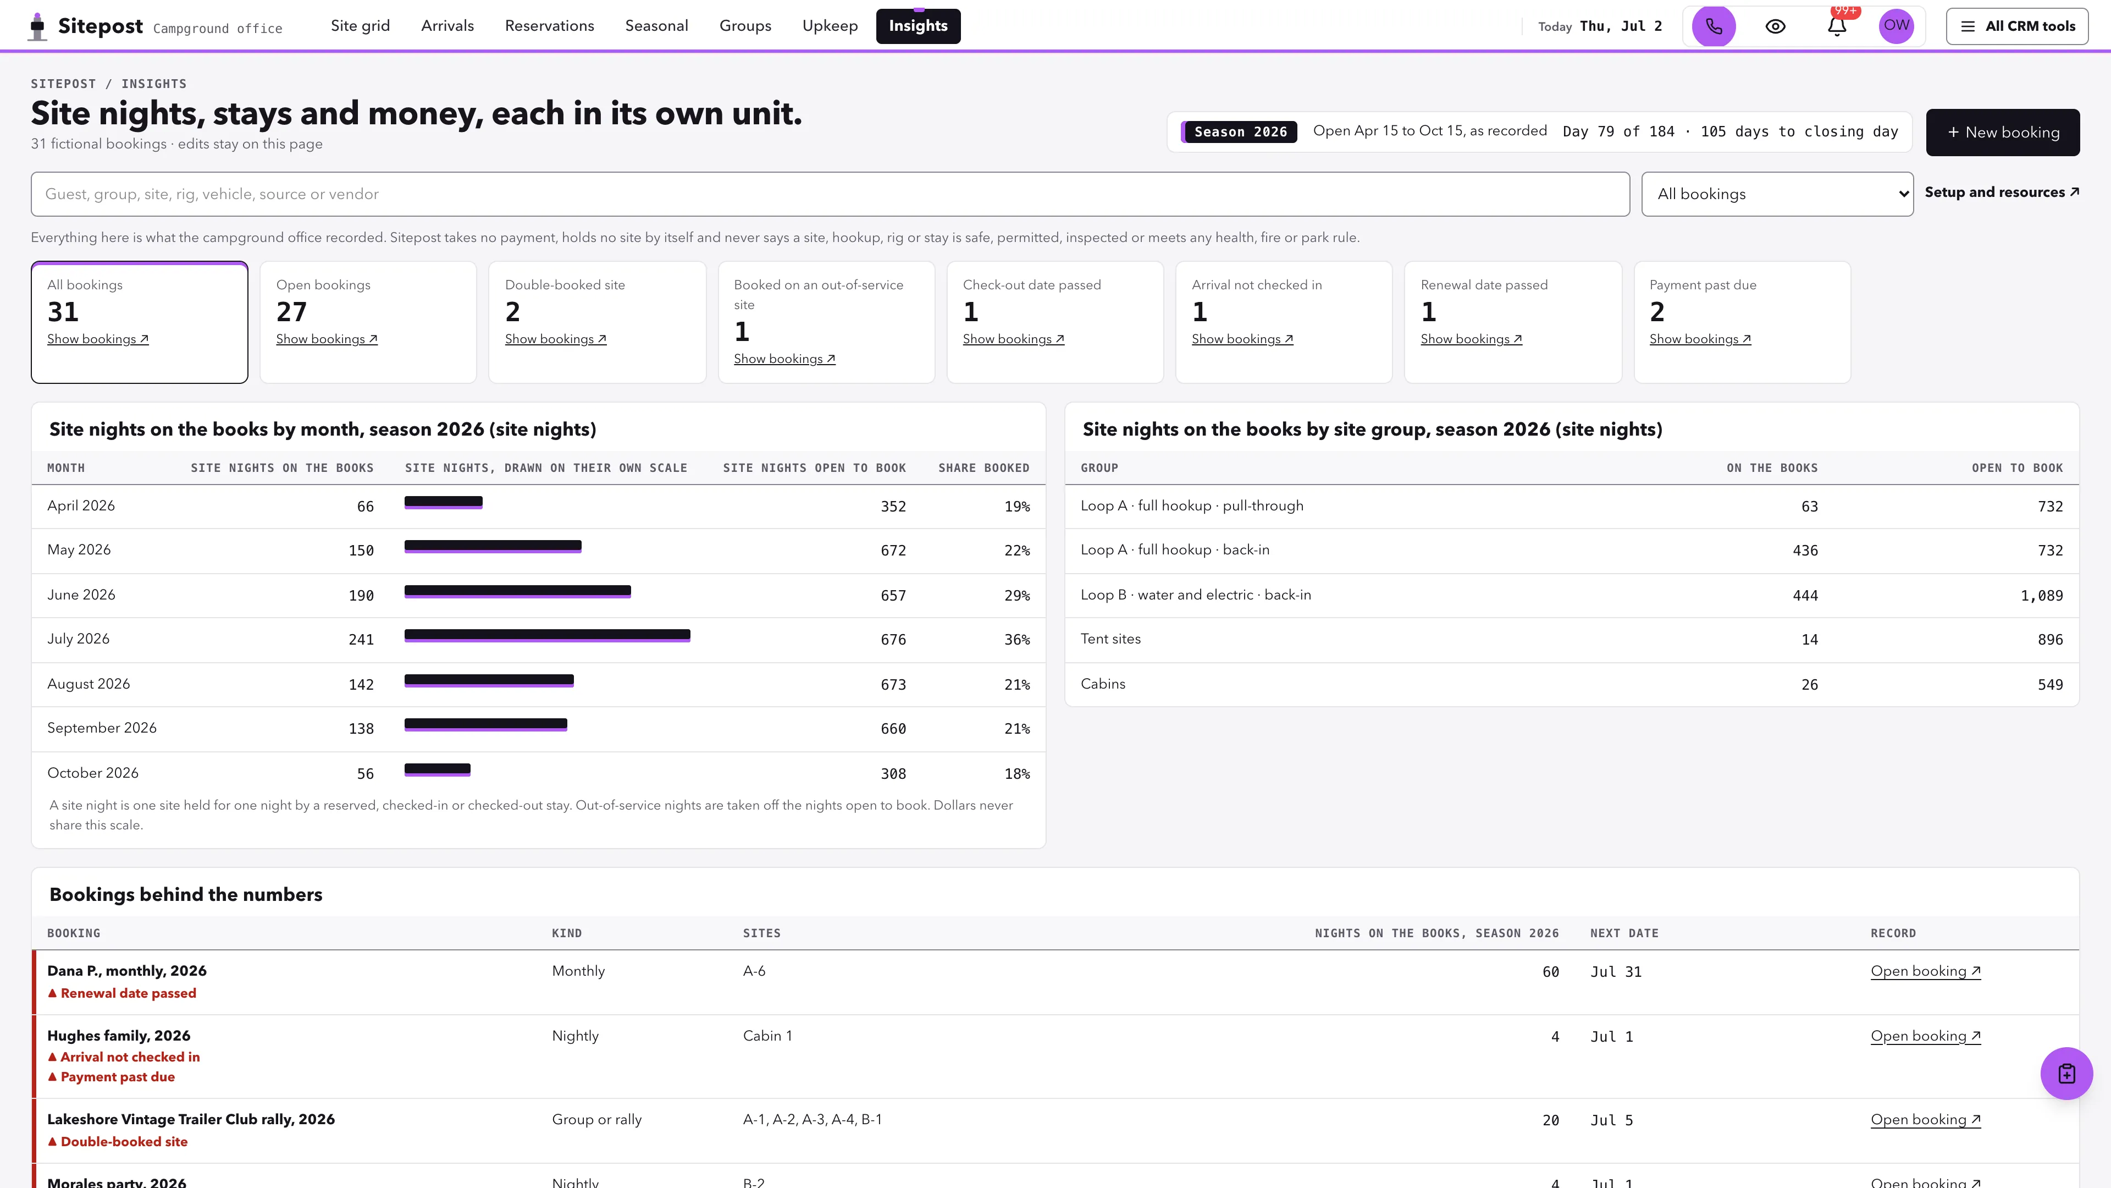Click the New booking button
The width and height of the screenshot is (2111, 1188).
2002,132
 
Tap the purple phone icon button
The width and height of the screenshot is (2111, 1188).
1714,26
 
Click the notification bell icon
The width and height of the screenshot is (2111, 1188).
1837,26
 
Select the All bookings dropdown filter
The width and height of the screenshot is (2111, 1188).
1777,194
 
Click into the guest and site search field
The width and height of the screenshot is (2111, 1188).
830,194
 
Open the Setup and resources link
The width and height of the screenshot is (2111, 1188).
2001,192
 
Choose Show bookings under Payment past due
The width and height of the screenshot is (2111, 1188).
1700,339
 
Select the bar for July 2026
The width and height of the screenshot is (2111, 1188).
548,635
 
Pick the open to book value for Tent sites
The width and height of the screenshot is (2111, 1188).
2049,640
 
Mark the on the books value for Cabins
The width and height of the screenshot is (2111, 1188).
1809,685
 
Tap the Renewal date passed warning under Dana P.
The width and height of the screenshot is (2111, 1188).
122,993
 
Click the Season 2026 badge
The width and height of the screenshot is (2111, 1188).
1239,132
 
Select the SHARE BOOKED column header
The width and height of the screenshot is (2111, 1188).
983,468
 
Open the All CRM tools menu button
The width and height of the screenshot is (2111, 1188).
2017,26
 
